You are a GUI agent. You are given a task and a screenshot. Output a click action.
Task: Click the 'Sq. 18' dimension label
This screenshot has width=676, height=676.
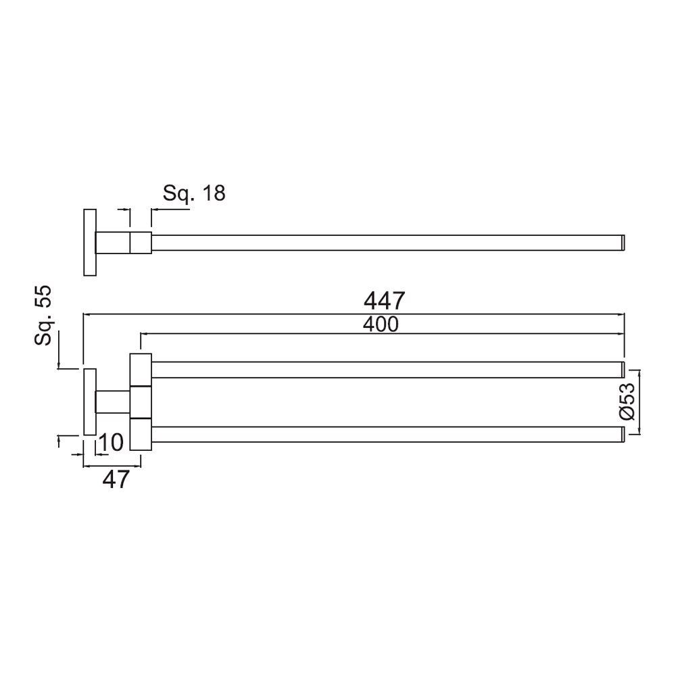pos(194,193)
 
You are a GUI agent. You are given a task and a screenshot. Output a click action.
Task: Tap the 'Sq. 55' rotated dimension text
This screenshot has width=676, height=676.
pos(45,316)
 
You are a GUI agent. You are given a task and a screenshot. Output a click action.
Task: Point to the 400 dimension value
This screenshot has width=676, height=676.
pos(381,324)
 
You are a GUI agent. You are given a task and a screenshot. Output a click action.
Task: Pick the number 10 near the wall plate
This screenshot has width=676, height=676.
pos(111,443)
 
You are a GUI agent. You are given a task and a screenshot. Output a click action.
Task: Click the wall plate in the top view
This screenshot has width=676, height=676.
pos(89,243)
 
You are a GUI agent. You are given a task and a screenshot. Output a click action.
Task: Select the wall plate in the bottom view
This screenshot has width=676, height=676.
pos(89,402)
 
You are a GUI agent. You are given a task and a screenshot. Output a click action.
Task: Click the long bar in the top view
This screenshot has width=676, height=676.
pos(385,243)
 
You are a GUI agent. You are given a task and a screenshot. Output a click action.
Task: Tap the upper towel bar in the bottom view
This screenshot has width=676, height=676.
pos(385,369)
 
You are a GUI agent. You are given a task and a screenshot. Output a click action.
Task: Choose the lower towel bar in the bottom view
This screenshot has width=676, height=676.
pos(385,434)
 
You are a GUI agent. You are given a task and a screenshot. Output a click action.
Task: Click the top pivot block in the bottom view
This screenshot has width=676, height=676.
pos(141,369)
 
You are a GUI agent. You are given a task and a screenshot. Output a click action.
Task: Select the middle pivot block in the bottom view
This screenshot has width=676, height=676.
pos(141,402)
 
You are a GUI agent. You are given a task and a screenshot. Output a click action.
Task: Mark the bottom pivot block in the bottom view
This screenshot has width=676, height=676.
pos(141,434)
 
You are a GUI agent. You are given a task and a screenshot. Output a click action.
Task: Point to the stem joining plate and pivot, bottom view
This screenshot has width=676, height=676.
pos(113,402)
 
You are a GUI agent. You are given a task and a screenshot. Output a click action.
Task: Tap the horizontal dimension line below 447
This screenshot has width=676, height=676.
pos(352,314)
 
